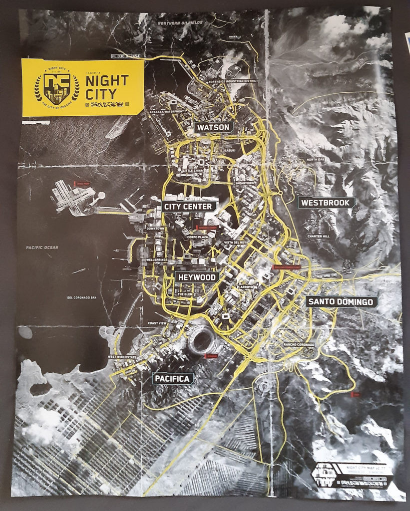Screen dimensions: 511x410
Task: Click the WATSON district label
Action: [x=213, y=127]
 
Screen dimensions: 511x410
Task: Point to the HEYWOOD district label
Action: [x=196, y=277]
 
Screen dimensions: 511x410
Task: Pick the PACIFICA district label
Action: [x=173, y=379]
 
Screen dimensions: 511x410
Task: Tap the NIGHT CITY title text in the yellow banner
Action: [x=107, y=87]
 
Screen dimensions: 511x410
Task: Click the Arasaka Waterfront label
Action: [x=166, y=112]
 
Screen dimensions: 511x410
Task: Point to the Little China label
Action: [x=194, y=171]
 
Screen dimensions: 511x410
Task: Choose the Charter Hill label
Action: [x=318, y=236]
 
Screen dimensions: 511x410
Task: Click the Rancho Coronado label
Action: [x=299, y=345]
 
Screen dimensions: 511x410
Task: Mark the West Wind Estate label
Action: [x=122, y=357]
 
